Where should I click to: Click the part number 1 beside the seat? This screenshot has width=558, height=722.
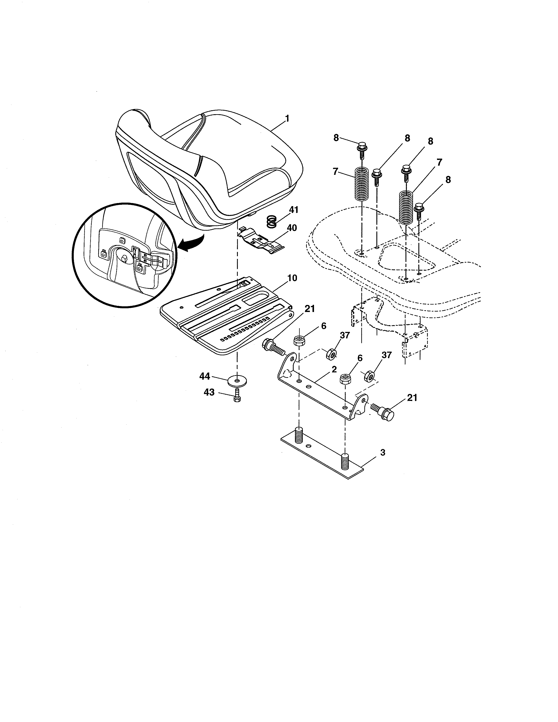pyautogui.click(x=287, y=118)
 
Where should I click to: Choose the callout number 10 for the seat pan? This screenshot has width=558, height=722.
pyautogui.click(x=292, y=278)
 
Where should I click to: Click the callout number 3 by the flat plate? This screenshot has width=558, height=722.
pyautogui.click(x=383, y=452)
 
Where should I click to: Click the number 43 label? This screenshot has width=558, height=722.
pyautogui.click(x=209, y=393)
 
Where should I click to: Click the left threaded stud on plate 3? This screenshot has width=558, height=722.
pyautogui.click(x=298, y=435)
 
